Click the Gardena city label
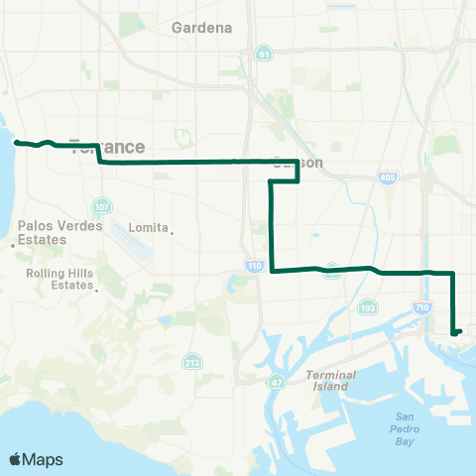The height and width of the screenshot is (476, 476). coord(201,28)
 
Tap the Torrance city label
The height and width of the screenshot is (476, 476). coord(106,147)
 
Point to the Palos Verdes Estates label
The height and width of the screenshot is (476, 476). coord(60,232)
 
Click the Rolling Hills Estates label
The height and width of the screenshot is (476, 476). coord(59,281)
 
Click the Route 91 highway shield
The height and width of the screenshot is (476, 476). coord(263,54)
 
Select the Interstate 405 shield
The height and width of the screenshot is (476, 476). coord(386,178)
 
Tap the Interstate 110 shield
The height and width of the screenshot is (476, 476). coord(254,266)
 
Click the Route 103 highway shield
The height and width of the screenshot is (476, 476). coord(368,306)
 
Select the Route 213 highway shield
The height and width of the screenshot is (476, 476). coord(189,364)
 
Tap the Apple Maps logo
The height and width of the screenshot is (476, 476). coord(36,459)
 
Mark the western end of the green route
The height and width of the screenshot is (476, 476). coord(16,143)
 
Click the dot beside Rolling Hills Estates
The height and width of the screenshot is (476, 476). coord(95,291)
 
